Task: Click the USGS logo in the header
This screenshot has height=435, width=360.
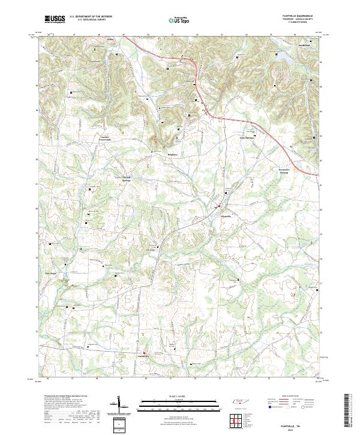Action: (55, 19)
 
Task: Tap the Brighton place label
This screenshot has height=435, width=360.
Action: (174, 154)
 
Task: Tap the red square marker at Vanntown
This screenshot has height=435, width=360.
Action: (144, 352)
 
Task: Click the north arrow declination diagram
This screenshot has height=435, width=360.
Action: (121, 405)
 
